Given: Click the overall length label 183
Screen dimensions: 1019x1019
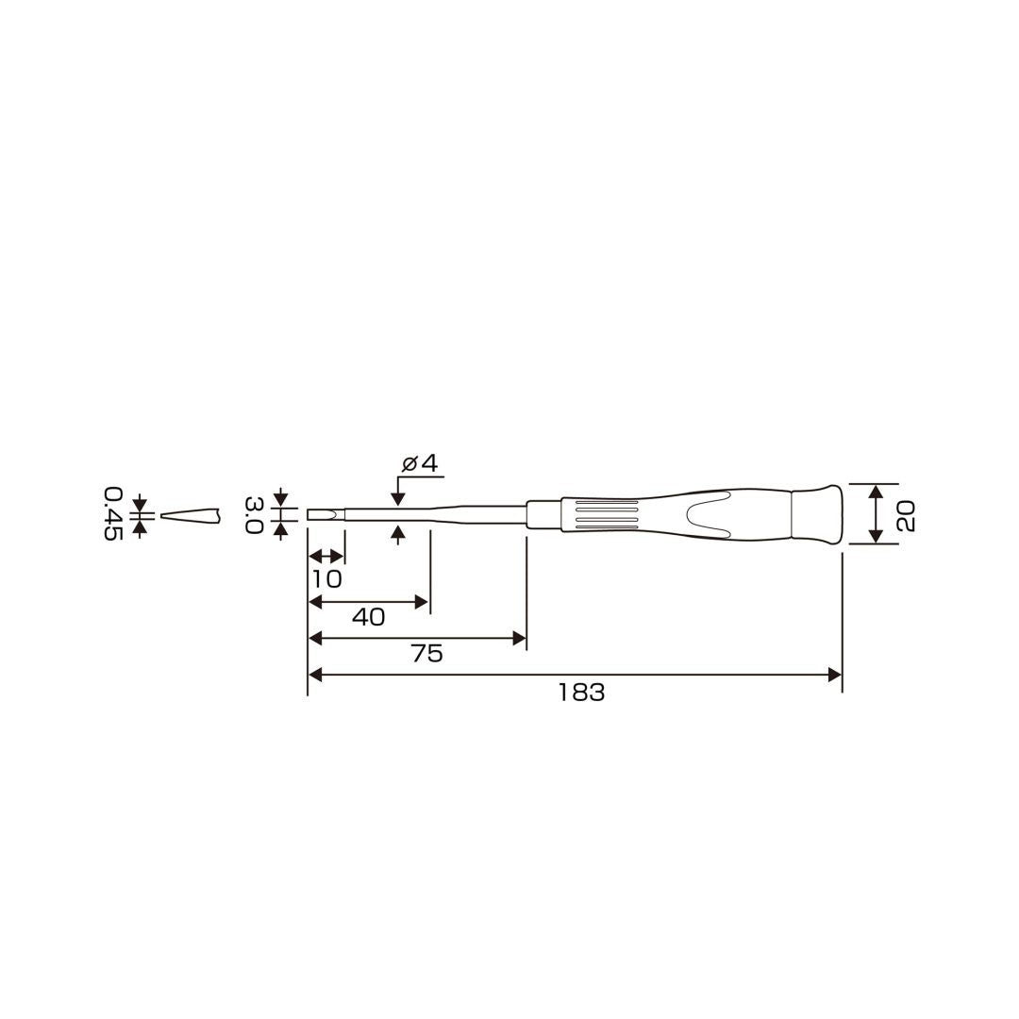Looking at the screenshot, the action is click(x=581, y=693).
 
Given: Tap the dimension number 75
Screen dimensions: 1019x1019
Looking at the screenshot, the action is click(x=427, y=654).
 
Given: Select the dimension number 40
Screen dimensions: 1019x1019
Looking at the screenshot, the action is click(x=369, y=617).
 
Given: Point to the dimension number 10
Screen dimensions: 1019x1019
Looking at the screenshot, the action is click(x=326, y=579).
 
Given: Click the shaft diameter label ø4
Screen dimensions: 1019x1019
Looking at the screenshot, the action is click(x=420, y=463).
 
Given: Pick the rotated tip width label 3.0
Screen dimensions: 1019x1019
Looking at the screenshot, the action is click(x=254, y=515).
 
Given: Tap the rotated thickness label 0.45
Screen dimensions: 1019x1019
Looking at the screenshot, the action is click(x=113, y=513).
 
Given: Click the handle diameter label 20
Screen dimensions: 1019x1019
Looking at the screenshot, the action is click(x=906, y=515).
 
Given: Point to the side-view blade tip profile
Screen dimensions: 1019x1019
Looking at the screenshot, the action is click(x=191, y=516).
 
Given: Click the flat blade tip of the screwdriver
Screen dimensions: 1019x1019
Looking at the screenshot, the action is click(x=325, y=515).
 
